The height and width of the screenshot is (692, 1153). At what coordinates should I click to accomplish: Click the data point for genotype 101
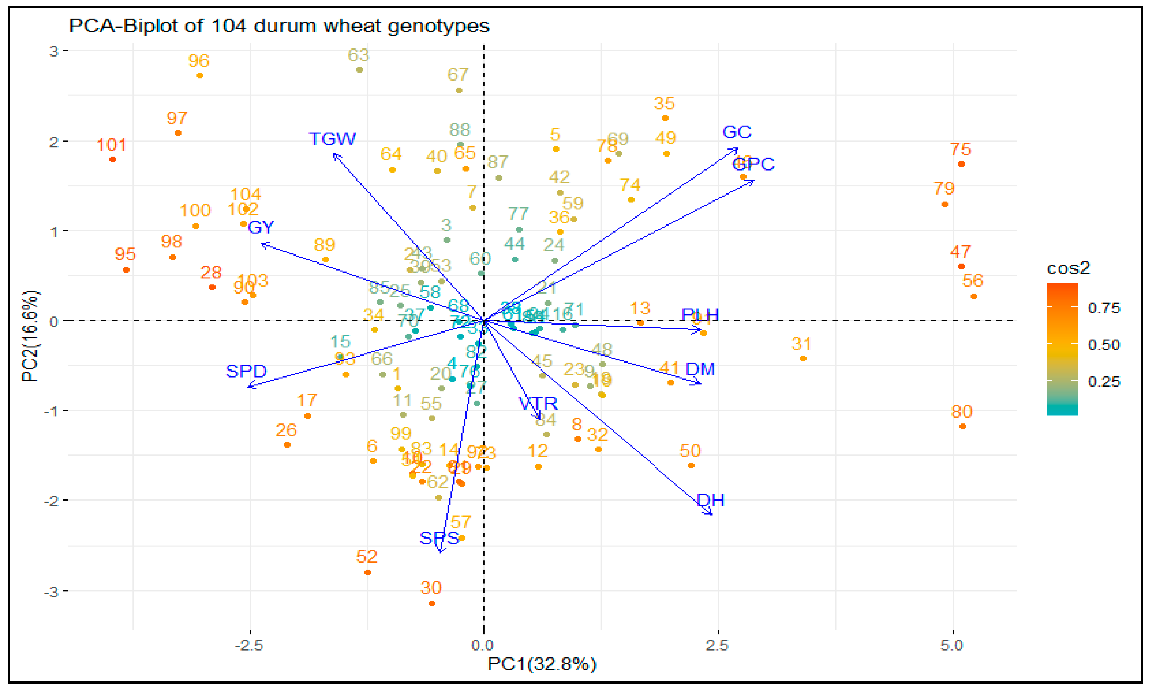(x=112, y=160)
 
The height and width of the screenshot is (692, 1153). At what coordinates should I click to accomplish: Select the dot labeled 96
(x=200, y=75)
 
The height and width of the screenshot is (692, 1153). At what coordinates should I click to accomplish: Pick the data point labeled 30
(x=432, y=604)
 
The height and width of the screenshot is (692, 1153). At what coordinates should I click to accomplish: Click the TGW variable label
(x=332, y=139)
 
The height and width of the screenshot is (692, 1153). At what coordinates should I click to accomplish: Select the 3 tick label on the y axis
(x=54, y=51)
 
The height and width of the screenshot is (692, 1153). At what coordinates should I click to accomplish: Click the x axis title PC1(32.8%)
(x=541, y=664)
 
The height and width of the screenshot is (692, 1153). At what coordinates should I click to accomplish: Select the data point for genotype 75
(x=961, y=164)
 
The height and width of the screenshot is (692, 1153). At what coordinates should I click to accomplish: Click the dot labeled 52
(x=368, y=573)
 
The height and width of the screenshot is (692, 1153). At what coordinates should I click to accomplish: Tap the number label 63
(x=358, y=55)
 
